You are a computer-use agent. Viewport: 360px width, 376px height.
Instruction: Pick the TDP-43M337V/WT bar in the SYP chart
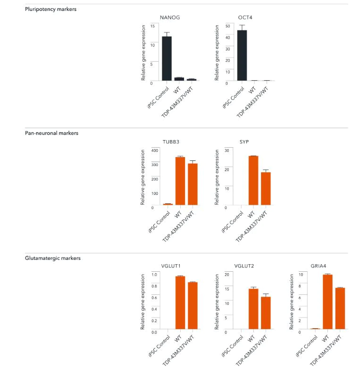(266, 189)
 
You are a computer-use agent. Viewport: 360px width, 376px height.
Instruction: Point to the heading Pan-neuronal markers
(51, 133)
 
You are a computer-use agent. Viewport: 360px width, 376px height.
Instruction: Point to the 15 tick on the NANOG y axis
(151, 25)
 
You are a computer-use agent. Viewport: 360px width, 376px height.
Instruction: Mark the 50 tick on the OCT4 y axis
(227, 25)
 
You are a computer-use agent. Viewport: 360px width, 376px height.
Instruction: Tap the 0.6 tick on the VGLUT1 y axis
(153, 297)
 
